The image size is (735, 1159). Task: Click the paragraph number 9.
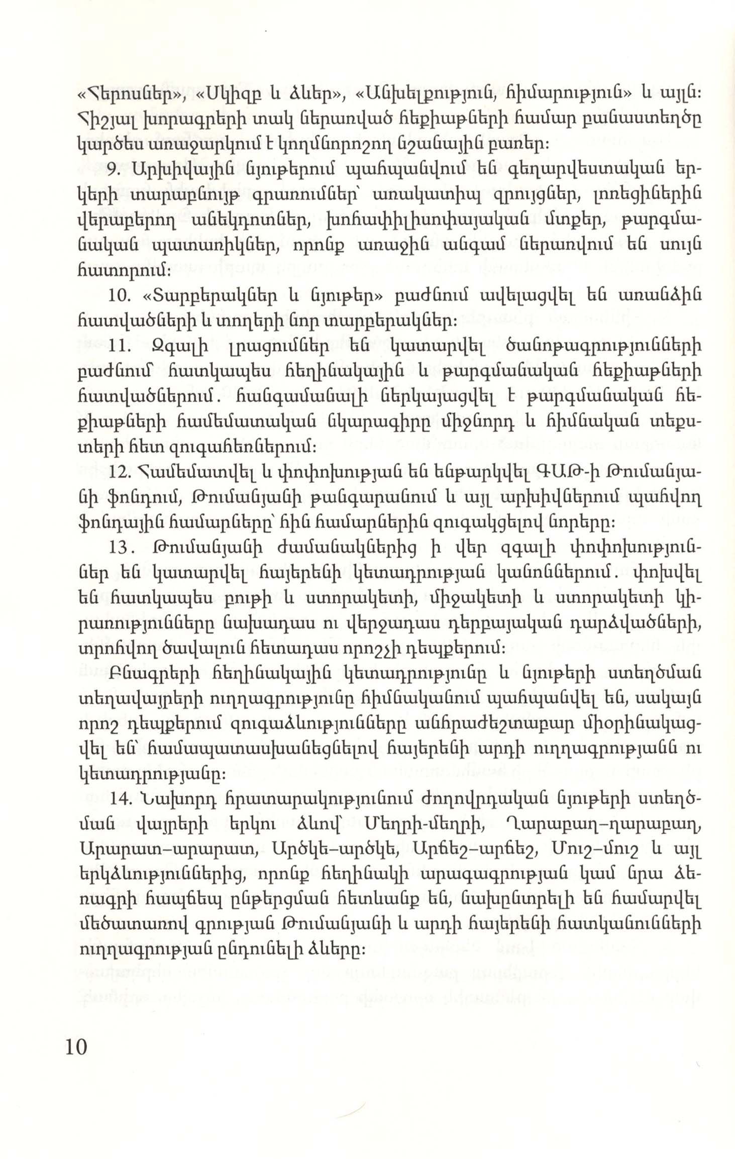[114, 169]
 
